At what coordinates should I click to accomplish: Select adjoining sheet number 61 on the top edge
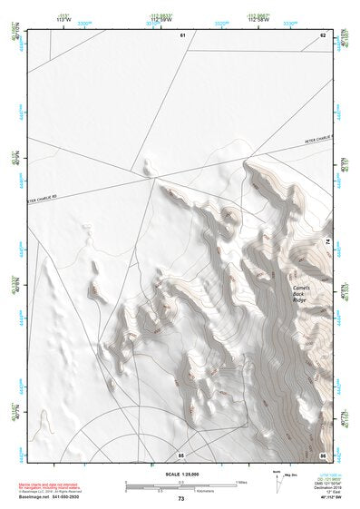(x=181, y=34)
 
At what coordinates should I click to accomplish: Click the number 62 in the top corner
(x=322, y=34)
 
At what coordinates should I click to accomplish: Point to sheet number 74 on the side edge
(x=327, y=240)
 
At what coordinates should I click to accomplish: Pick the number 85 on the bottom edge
(x=181, y=453)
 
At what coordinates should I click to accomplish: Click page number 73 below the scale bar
(x=180, y=499)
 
